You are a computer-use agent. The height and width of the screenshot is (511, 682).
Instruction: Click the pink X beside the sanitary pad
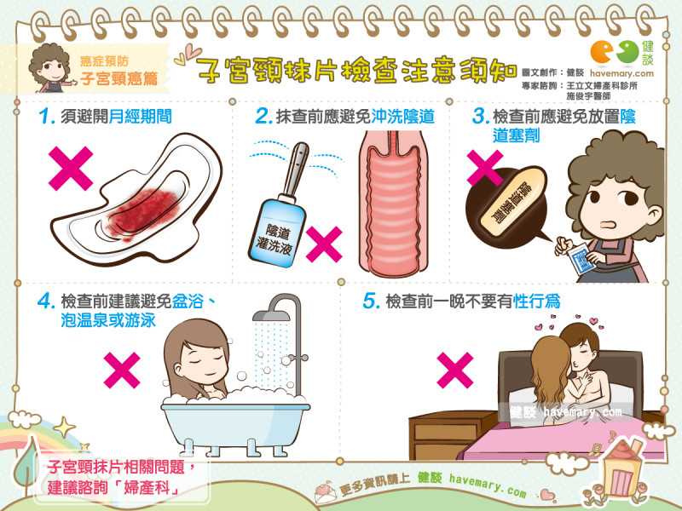[71, 169]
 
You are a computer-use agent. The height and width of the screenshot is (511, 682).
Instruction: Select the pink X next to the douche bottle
[323, 245]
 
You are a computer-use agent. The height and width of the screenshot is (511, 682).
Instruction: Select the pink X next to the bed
[454, 370]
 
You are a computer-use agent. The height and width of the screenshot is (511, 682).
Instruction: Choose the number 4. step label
[46, 302]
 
